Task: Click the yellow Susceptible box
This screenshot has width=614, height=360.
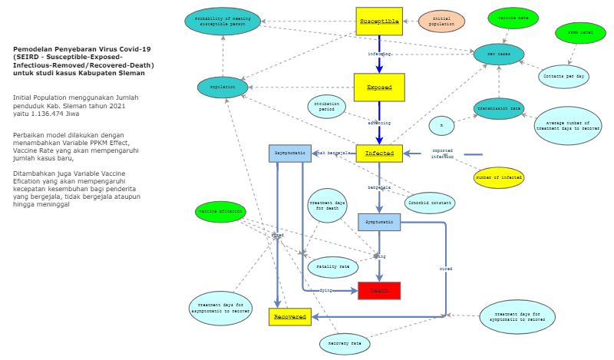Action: click(x=379, y=21)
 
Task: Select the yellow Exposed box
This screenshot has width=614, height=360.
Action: click(x=378, y=88)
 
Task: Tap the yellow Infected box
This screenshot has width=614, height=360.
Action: click(x=379, y=154)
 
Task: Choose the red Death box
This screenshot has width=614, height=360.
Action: click(x=379, y=291)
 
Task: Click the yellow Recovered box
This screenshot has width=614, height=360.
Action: click(x=289, y=315)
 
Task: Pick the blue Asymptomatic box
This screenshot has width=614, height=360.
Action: click(x=289, y=154)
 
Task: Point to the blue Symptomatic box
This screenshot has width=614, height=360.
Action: click(x=379, y=222)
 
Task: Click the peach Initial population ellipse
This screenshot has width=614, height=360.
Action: click(x=442, y=22)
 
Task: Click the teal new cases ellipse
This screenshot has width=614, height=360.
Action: click(x=499, y=54)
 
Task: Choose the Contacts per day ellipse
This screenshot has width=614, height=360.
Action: click(x=564, y=75)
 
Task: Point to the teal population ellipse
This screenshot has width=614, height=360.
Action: click(x=223, y=88)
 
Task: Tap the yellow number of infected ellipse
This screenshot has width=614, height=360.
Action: click(x=499, y=177)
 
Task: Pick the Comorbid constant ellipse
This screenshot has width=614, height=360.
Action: click(x=430, y=203)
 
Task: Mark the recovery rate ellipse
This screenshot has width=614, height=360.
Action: click(x=345, y=342)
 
